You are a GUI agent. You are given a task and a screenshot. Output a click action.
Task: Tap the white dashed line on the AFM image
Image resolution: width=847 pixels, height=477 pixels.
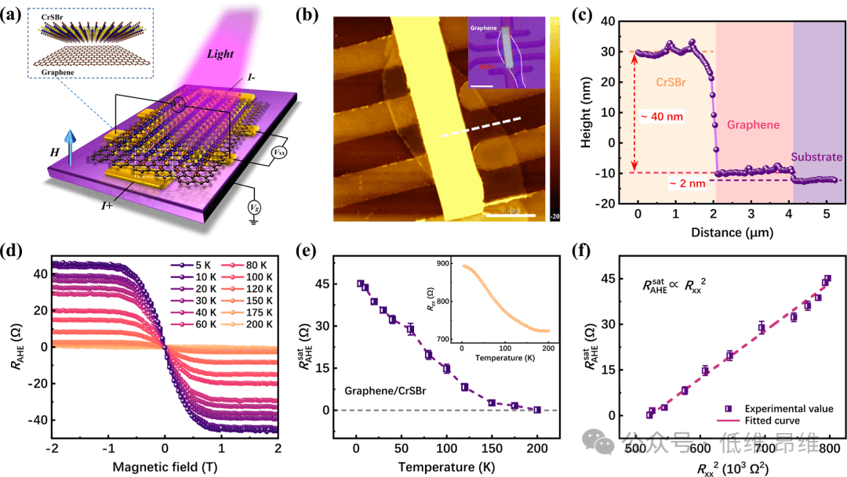[479, 128]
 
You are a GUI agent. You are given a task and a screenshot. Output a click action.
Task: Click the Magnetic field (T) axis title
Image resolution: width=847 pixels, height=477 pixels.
[164, 468]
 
